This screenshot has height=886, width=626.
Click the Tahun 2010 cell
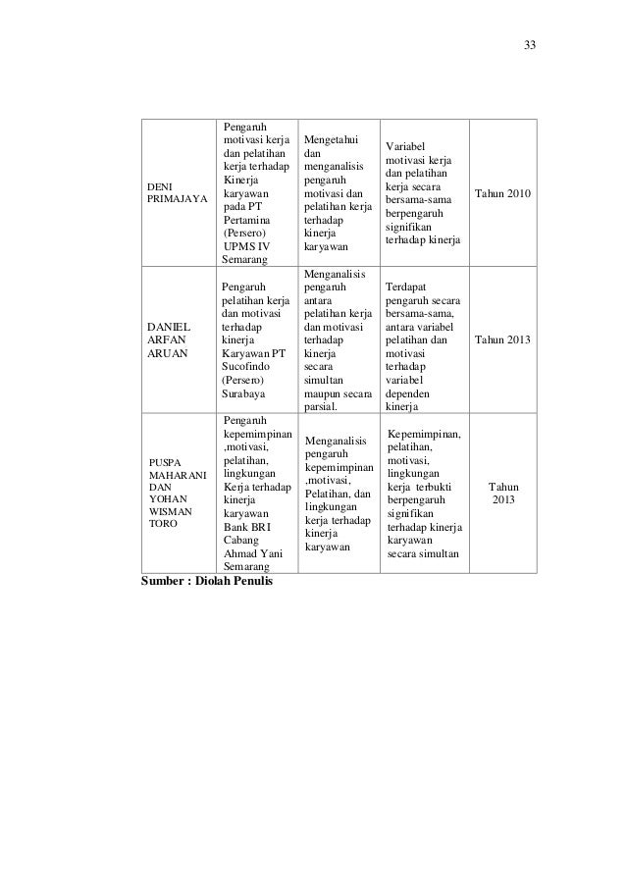[503, 194]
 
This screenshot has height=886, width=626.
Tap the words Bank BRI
[246, 526]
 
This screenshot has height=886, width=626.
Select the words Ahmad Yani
[252, 553]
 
